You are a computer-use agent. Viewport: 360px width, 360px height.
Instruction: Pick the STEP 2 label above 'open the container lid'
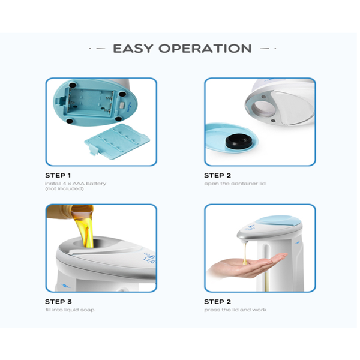pyautogui.click(x=217, y=175)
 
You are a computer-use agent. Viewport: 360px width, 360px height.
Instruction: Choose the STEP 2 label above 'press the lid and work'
pyautogui.click(x=217, y=302)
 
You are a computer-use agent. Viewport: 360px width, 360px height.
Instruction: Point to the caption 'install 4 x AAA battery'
pyautogui.click(x=76, y=183)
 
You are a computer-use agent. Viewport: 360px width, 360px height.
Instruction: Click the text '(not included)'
pyautogui.click(x=62, y=188)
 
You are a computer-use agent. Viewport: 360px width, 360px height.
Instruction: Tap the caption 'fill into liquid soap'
pyautogui.click(x=69, y=310)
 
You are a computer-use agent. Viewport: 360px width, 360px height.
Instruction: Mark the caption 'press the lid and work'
pyautogui.click(x=235, y=310)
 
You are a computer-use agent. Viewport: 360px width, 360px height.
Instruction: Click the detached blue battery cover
pyautogui.click(x=116, y=143)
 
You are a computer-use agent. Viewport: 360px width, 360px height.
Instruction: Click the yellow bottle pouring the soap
pyautogui.click(x=66, y=212)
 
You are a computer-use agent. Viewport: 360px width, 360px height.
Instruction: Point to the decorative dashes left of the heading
pyautogui.click(x=97, y=49)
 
